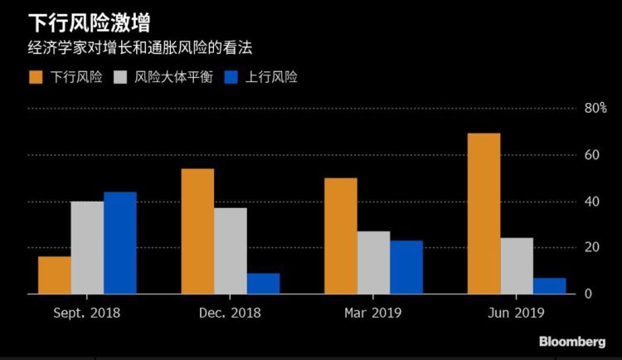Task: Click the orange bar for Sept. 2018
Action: click(54, 275)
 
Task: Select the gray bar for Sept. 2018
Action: click(87, 247)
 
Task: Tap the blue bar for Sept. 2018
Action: click(120, 242)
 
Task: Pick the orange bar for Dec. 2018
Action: click(197, 231)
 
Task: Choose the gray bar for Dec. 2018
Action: click(231, 251)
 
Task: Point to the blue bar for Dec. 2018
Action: click(263, 283)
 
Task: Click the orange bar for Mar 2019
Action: click(340, 236)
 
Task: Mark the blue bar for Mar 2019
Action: click(406, 267)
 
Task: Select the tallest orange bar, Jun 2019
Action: click(484, 213)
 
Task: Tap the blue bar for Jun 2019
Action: click(549, 285)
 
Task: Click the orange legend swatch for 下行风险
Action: click(36, 78)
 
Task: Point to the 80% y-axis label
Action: click(595, 109)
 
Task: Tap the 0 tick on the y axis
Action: click(588, 294)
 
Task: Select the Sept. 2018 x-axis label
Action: click(86, 313)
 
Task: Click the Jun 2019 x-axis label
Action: click(517, 313)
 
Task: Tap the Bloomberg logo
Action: click(571, 342)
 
